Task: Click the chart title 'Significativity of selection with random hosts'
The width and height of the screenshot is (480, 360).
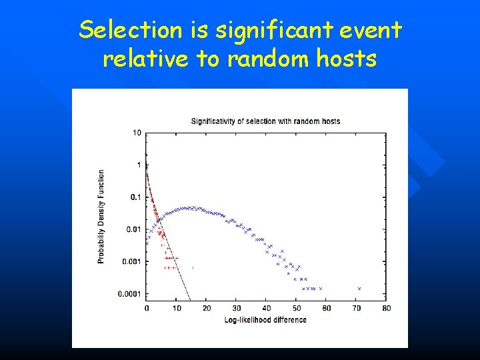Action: (x=265, y=121)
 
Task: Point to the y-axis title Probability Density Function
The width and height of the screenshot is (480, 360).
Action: (x=101, y=215)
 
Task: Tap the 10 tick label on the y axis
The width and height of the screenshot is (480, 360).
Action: (x=137, y=133)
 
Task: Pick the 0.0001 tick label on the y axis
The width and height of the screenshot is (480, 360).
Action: (x=130, y=294)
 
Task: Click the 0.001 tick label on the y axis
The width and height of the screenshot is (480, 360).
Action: (x=132, y=261)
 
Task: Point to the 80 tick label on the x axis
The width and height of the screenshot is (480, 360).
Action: (x=387, y=308)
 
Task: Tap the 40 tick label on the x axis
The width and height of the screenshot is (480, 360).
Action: (x=267, y=308)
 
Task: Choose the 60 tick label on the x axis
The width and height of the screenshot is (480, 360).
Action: (x=327, y=308)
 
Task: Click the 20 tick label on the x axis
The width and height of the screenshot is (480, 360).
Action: (x=207, y=308)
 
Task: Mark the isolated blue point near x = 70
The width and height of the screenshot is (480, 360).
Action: (x=359, y=289)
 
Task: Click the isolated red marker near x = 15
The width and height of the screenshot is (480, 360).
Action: (x=193, y=268)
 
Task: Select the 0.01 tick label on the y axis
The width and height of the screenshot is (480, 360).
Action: (x=133, y=229)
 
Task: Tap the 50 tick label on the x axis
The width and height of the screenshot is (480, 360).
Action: (x=297, y=308)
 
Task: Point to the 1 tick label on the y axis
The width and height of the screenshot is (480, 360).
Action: (x=139, y=165)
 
